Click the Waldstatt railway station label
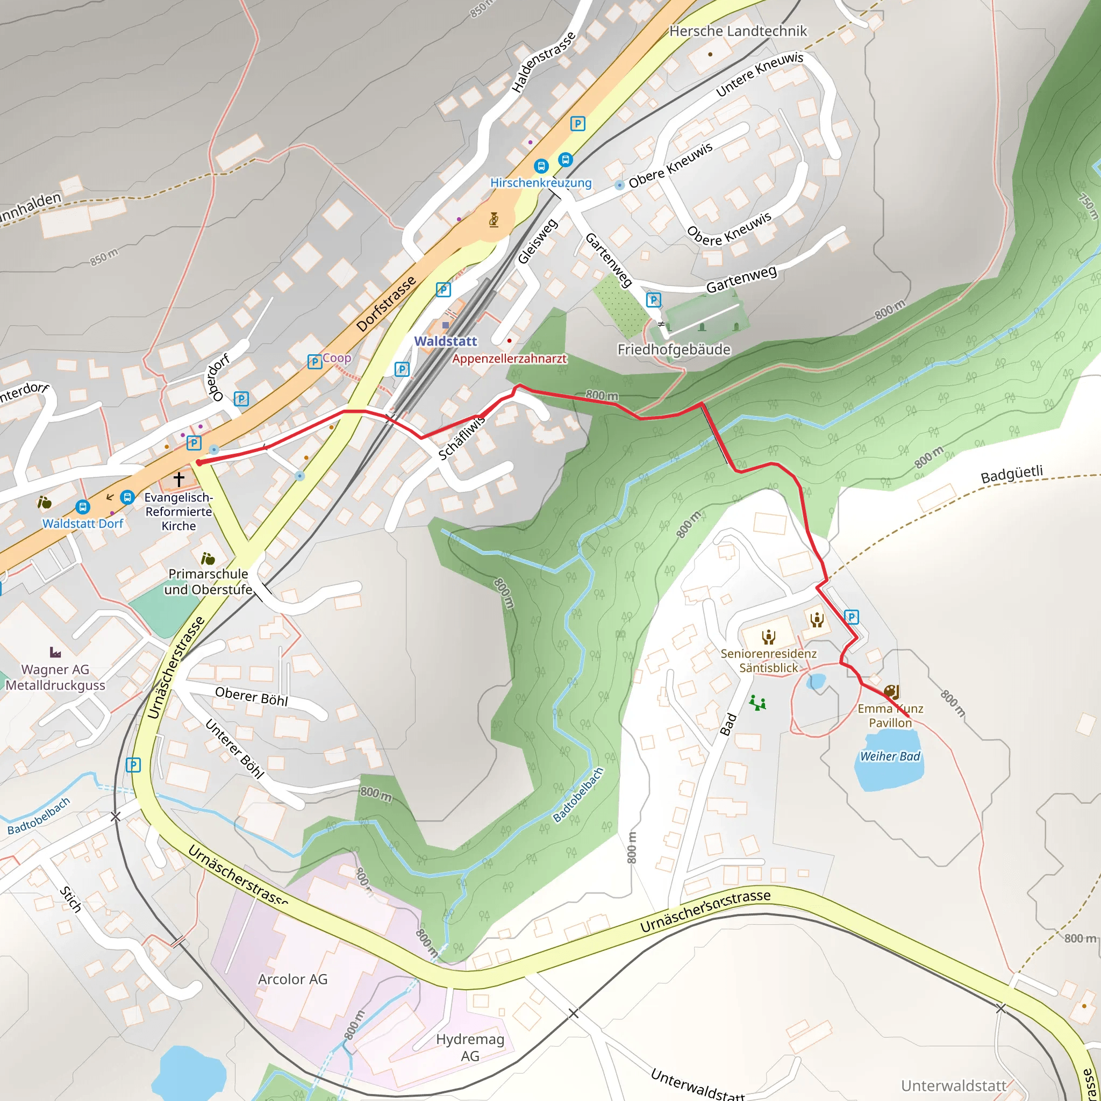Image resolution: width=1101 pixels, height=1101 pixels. coord(445,341)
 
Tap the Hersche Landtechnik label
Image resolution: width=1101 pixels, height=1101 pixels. coord(738,31)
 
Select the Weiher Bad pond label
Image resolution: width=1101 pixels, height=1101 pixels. coord(890,756)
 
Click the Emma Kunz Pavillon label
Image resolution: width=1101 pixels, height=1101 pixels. coord(890,716)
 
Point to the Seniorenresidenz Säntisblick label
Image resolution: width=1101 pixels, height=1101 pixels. coord(768,661)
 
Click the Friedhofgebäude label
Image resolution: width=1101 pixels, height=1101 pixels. coord(674,349)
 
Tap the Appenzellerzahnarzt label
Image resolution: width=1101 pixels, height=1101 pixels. coord(510,359)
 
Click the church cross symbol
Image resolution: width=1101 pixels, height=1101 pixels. coord(179,479)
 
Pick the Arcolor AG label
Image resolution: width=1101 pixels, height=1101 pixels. coord(293,979)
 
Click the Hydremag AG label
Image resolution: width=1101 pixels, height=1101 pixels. coord(470,1047)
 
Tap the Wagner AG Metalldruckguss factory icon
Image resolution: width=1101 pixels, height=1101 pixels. coord(55,652)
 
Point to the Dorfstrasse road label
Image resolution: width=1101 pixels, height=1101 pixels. coord(386,304)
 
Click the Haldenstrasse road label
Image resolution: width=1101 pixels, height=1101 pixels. coord(543,62)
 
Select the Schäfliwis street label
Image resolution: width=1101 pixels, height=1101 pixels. coord(462,438)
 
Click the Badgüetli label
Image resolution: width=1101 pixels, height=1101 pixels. coord(1012,474)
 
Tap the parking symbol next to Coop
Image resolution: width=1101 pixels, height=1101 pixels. coord(314,361)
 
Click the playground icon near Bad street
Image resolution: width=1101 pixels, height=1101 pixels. coord(757,703)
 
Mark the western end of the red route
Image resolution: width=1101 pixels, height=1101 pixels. coord(199,463)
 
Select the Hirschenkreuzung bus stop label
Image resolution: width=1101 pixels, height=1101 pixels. coord(541,183)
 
